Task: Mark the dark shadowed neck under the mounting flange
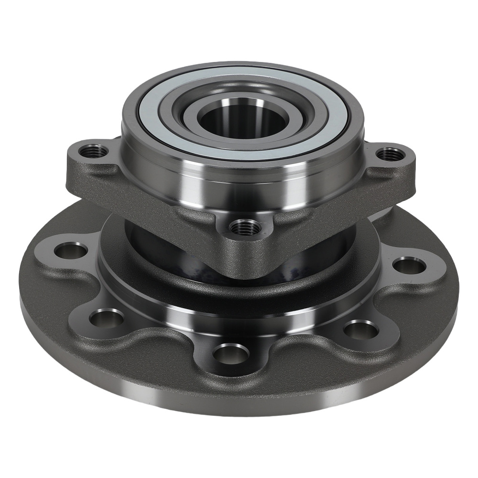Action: [158, 249]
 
